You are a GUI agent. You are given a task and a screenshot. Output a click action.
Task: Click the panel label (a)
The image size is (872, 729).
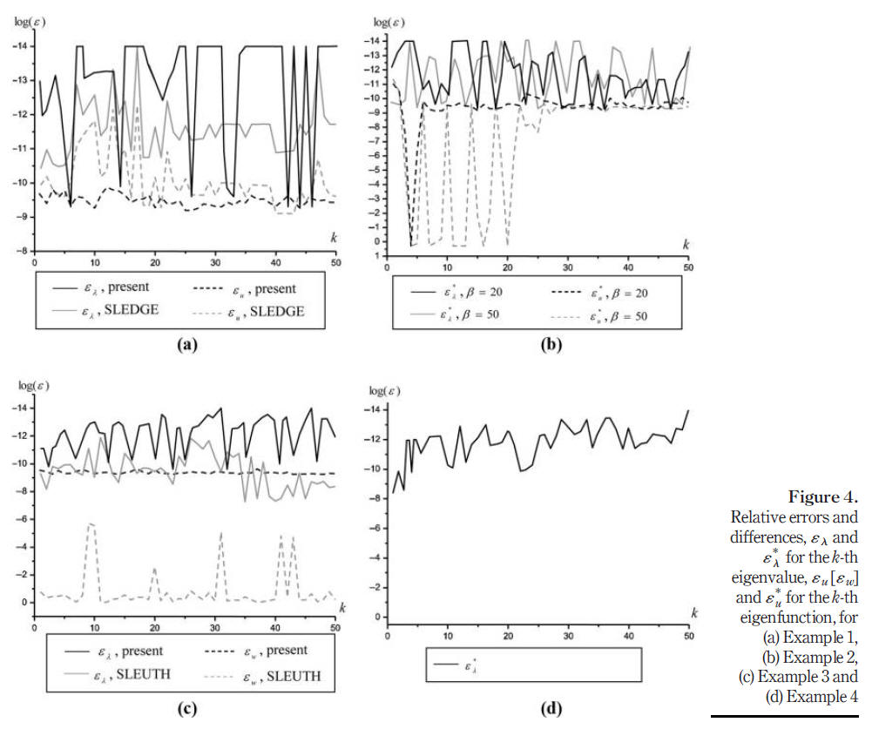[x=185, y=345]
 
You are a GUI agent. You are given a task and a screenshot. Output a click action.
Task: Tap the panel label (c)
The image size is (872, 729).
[x=185, y=707]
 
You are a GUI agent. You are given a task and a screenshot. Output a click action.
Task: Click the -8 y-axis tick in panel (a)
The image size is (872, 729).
[x=21, y=251]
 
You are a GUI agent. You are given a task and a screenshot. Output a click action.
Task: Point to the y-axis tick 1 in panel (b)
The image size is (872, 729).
[x=376, y=255]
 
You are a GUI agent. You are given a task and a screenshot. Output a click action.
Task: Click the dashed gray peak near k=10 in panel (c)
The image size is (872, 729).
[x=91, y=523]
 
